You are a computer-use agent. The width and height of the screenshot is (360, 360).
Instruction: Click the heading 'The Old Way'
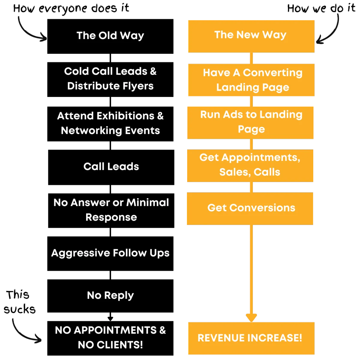point(110,35)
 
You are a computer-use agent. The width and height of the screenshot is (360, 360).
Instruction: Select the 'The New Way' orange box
point(251,36)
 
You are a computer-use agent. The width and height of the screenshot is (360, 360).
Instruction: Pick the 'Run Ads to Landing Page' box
point(251,122)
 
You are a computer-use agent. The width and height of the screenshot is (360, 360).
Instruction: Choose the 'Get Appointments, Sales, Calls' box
point(250,165)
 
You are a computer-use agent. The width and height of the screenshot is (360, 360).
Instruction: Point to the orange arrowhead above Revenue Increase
point(251,317)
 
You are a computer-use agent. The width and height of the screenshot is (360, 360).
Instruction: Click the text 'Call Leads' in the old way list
point(111,166)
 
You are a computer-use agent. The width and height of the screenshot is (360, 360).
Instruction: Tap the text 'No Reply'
point(110,295)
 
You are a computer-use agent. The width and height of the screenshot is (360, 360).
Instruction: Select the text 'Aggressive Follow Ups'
point(110,253)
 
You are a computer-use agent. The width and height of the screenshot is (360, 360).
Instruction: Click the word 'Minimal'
point(147,202)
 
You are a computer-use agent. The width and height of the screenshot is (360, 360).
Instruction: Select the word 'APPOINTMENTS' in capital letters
point(115,330)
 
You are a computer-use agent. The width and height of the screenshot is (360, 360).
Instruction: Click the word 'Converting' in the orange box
point(272,73)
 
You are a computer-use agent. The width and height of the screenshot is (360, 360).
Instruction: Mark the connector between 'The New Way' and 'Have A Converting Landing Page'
point(251,58)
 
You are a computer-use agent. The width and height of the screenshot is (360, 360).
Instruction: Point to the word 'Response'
point(111,217)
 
